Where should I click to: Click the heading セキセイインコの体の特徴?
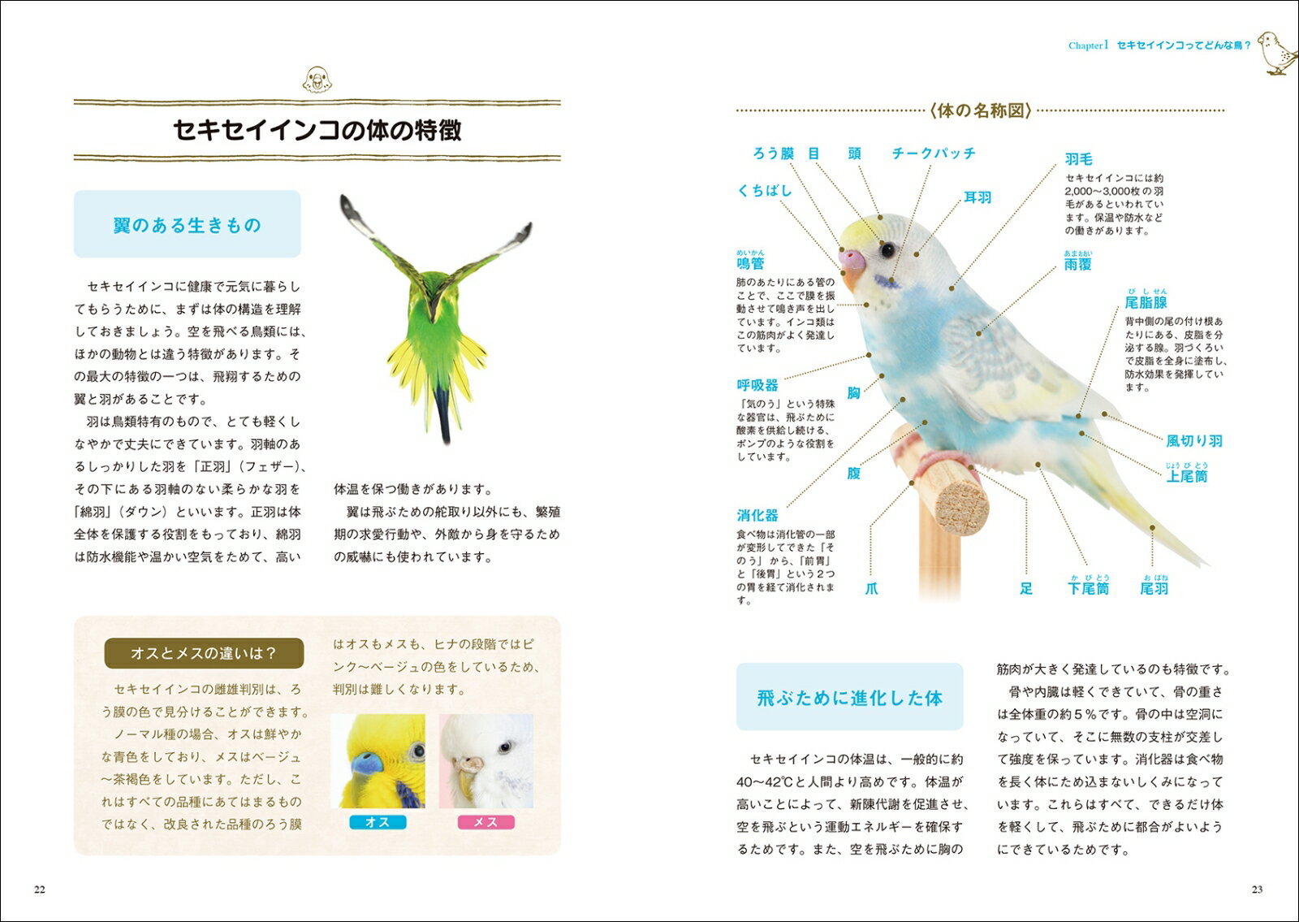click(317, 130)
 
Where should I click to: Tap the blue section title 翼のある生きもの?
click(188, 225)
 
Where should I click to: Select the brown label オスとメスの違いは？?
click(204, 653)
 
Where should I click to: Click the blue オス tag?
click(378, 822)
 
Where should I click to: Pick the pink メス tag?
click(486, 822)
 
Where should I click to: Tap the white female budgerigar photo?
click(486, 761)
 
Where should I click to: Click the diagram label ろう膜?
click(773, 154)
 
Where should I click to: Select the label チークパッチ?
click(933, 154)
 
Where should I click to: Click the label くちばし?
click(764, 191)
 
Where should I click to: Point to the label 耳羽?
click(977, 197)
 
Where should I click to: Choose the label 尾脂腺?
click(1146, 303)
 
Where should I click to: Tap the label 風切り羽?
click(1194, 441)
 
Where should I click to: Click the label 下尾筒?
click(1088, 588)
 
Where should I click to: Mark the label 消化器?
click(757, 515)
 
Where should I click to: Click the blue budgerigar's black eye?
click(888, 249)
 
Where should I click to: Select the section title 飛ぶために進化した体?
click(849, 698)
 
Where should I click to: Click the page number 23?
click(1257, 890)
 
